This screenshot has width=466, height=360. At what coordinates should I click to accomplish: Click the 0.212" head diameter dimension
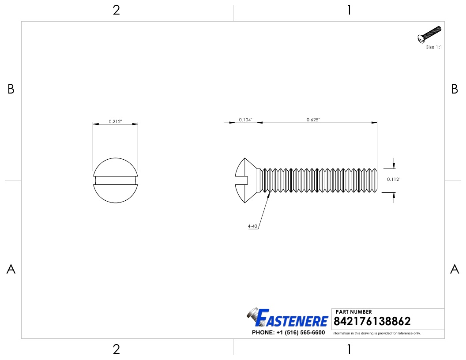pos(115,122)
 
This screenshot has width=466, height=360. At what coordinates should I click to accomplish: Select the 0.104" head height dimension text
pos(246,120)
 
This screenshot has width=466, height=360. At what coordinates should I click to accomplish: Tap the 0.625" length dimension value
pos(313,120)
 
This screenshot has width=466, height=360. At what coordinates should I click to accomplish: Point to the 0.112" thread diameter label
pos(394,180)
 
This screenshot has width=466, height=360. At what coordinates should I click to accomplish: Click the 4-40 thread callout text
pos(252,226)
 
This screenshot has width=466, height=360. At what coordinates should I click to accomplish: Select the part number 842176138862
pos(373,321)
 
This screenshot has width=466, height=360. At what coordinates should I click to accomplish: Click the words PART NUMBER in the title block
pos(354,312)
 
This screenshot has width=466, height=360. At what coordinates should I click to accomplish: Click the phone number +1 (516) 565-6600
pos(288,333)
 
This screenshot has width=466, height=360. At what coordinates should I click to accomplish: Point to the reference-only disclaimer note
pos(376,333)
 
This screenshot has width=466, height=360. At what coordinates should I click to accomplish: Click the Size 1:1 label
pos(434,47)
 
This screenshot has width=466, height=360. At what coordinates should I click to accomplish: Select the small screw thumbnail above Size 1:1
pos(429,35)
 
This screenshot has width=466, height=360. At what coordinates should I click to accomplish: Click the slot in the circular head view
pos(115,180)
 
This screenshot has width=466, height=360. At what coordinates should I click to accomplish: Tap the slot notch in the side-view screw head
pos(242,180)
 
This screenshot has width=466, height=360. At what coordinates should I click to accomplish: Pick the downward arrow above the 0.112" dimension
pos(394,165)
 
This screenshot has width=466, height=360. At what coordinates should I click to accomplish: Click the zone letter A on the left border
pos(11,269)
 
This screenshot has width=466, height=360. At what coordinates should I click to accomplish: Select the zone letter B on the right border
pos(455,89)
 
